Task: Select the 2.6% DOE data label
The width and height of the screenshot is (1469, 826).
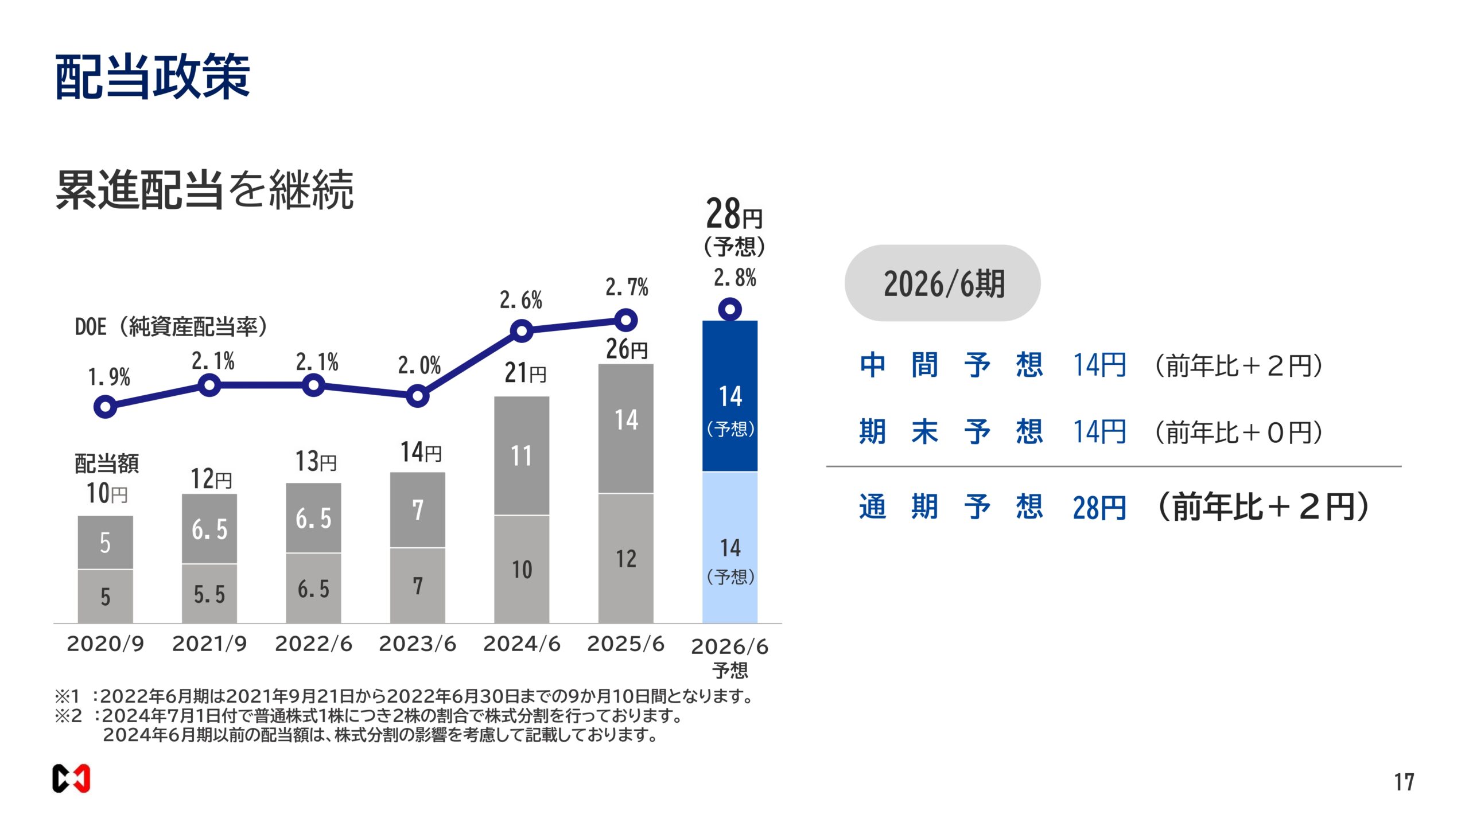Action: pyautogui.click(x=520, y=300)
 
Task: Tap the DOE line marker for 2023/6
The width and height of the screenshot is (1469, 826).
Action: pyautogui.click(x=417, y=396)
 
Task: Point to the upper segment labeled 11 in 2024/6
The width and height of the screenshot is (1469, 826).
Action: pyautogui.click(x=521, y=456)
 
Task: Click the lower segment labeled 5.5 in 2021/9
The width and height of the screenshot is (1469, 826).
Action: pyautogui.click(x=209, y=594)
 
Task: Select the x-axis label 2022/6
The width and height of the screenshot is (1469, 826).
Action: pyautogui.click(x=313, y=644)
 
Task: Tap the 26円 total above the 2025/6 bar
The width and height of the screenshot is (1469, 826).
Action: pyautogui.click(x=626, y=349)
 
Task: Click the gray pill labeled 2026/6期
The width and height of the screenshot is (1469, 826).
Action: pyautogui.click(x=942, y=283)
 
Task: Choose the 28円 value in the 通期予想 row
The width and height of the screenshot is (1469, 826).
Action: pyautogui.click(x=1099, y=508)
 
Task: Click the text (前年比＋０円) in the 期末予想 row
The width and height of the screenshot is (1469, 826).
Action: pyautogui.click(x=1238, y=432)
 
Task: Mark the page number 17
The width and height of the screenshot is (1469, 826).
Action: pyautogui.click(x=1404, y=782)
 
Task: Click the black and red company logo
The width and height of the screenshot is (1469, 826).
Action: pyautogui.click(x=71, y=778)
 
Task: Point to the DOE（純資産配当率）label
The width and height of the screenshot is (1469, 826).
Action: pyautogui.click(x=171, y=326)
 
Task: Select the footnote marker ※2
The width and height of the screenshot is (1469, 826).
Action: pyautogui.click(x=68, y=716)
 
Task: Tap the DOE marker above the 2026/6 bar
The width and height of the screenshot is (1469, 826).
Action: pyautogui.click(x=729, y=310)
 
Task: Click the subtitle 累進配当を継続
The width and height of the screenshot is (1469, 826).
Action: pyautogui.click(x=204, y=189)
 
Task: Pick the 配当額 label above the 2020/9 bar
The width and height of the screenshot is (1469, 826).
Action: pyautogui.click(x=107, y=463)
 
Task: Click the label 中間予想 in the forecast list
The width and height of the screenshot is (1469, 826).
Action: pyautogui.click(x=950, y=365)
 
